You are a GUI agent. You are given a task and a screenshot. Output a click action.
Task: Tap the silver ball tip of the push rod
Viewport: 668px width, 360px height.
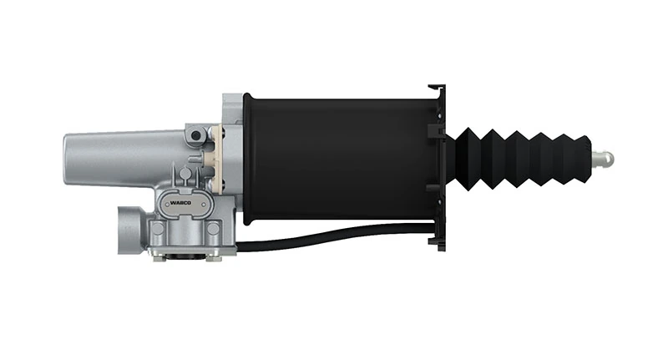[606, 157]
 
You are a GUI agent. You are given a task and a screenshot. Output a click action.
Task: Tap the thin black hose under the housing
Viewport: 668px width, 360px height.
[334, 243]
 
